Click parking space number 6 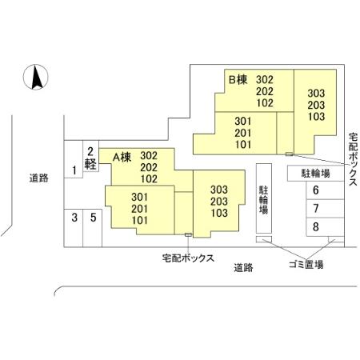[x=316, y=190]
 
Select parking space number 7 [x=316, y=209]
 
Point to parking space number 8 [x=316, y=226]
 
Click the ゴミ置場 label [x=306, y=265]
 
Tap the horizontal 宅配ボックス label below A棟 [x=188, y=258]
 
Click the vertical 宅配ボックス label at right [x=353, y=160]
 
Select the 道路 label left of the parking [x=38, y=178]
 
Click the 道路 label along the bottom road [x=244, y=267]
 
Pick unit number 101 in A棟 [x=141, y=220]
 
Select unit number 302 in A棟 [x=150, y=156]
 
